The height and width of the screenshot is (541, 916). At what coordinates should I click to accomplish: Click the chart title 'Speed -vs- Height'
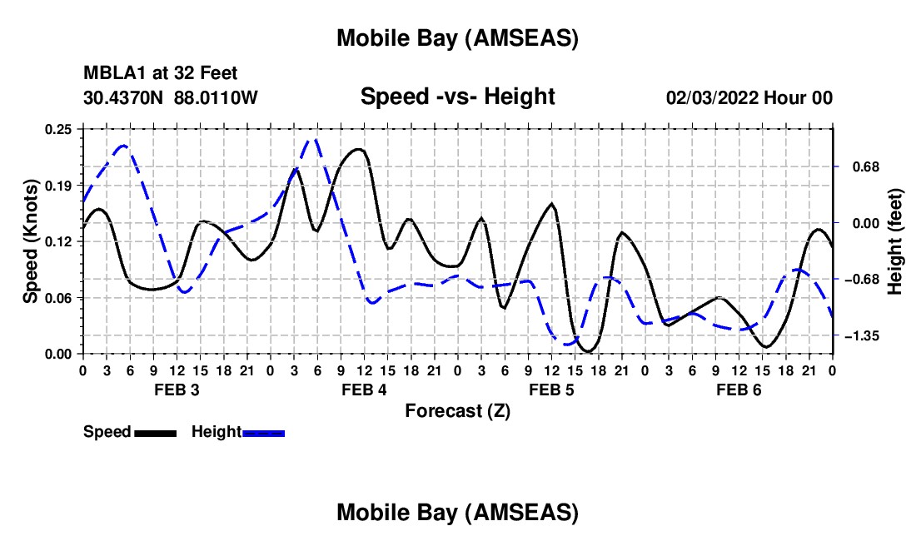(x=457, y=97)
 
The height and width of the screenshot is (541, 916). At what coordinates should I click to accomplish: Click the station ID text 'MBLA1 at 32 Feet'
(x=154, y=74)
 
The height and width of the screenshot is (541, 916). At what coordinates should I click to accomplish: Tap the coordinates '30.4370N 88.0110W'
(x=171, y=97)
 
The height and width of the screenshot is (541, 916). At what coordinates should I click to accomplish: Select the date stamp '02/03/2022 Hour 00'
(x=749, y=97)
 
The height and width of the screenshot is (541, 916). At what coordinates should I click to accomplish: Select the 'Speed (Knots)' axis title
(x=30, y=241)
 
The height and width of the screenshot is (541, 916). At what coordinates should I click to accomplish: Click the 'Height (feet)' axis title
(x=895, y=241)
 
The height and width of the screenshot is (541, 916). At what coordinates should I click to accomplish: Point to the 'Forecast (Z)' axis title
(x=457, y=410)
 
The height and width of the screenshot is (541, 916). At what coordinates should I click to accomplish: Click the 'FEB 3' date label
(x=176, y=390)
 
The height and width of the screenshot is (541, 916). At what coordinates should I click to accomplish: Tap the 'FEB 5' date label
(x=551, y=390)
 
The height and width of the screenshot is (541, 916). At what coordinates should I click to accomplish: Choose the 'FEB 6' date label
(x=739, y=390)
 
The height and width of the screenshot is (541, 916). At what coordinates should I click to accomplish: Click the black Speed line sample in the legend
(x=155, y=433)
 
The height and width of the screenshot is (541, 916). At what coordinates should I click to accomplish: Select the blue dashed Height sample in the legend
(x=264, y=433)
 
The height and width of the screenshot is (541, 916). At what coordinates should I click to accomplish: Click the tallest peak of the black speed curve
(x=359, y=149)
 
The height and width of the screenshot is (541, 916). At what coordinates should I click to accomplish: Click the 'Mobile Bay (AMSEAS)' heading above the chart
(x=457, y=38)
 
